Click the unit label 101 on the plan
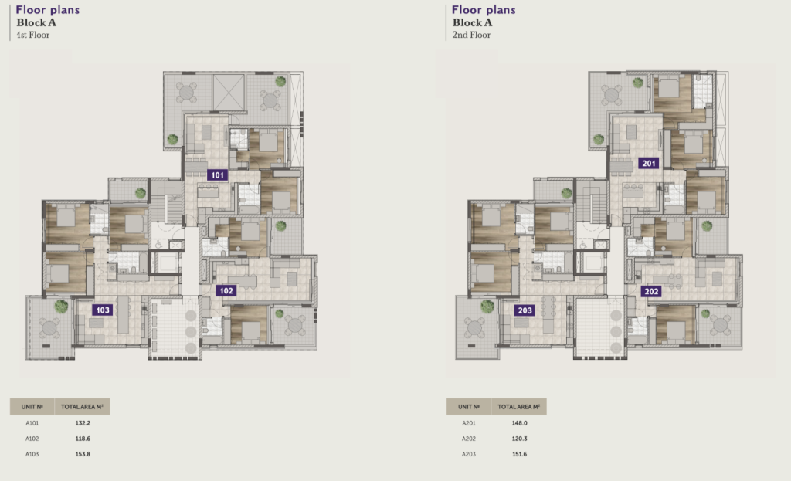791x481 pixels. (x=217, y=175)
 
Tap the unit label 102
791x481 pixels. (x=226, y=290)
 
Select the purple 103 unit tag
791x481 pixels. (x=103, y=310)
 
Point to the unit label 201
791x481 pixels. (x=649, y=163)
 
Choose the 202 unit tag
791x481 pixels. (x=651, y=291)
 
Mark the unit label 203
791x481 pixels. (x=525, y=310)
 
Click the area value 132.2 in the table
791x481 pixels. (x=83, y=423)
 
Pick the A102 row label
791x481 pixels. (x=32, y=439)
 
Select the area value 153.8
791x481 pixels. (x=83, y=454)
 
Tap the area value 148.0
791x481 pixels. (x=520, y=423)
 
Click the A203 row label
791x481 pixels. (x=469, y=454)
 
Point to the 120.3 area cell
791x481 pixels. (x=520, y=439)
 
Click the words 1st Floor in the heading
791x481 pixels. (x=32, y=35)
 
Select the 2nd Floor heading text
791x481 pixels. (x=471, y=35)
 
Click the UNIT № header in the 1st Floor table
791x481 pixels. (x=32, y=406)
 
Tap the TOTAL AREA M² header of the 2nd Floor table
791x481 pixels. (x=518, y=406)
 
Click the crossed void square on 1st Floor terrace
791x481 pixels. (x=229, y=93)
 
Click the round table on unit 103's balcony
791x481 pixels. (x=49, y=328)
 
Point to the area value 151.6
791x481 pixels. (x=520, y=454)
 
